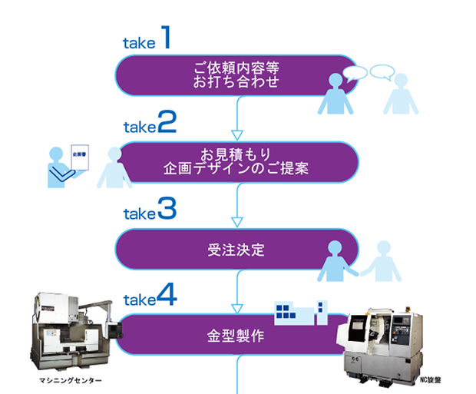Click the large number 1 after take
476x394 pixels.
(x=165, y=39)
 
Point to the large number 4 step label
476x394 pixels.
(x=167, y=296)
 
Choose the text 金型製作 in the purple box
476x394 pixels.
(x=236, y=336)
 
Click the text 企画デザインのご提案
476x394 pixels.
(x=236, y=168)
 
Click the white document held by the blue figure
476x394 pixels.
(x=81, y=157)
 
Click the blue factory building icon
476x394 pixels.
(x=301, y=311)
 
